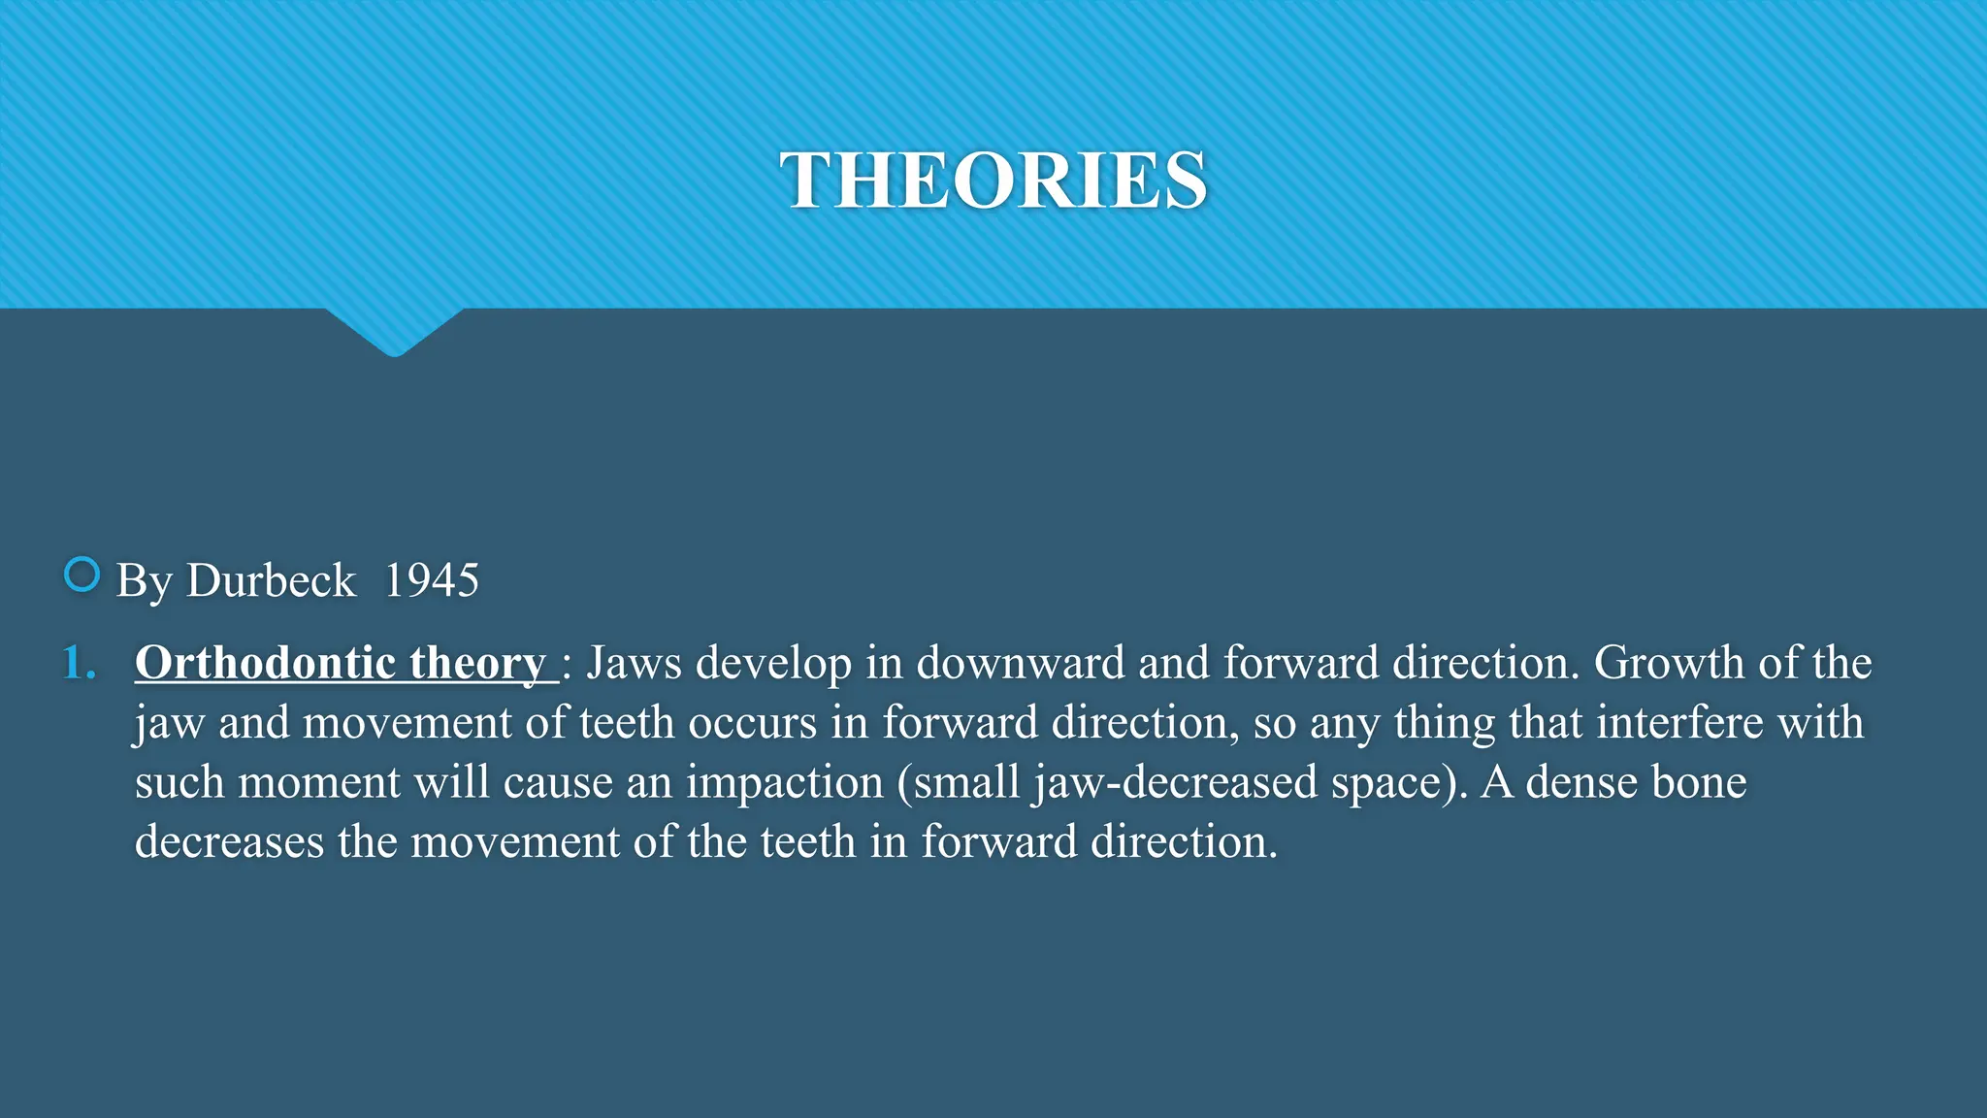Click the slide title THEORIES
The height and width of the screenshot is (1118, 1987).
[993, 181]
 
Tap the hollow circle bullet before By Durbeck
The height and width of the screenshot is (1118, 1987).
[81, 575]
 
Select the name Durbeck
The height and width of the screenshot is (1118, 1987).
[271, 580]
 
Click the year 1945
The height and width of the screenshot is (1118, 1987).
[432, 580]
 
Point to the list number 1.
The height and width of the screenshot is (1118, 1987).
[78, 663]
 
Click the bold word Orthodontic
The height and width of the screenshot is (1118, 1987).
[265, 663]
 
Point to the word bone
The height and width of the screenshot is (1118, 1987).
[1698, 782]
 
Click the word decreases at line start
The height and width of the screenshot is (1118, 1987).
[229, 841]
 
